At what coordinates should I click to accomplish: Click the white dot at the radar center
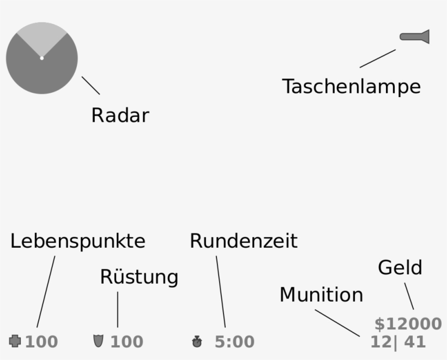[x=42, y=58]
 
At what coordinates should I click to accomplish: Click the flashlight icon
[x=415, y=37]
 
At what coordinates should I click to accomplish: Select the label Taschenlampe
[x=352, y=86]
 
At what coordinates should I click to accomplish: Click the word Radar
[x=120, y=115]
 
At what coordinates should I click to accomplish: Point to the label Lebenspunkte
[x=78, y=241]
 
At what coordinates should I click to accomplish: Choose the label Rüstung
[x=139, y=277]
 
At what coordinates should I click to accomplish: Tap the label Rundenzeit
[x=244, y=241]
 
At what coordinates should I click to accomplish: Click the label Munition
[x=321, y=295]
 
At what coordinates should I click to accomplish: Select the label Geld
[x=400, y=268]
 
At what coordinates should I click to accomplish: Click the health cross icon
[x=15, y=341]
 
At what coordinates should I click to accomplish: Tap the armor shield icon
[x=98, y=341]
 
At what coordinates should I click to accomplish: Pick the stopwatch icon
[x=197, y=341]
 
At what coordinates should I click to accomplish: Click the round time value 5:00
[x=234, y=341]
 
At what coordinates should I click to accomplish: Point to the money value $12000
[x=408, y=324]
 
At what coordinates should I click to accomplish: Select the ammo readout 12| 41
[x=398, y=342]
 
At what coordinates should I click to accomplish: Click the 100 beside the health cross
[x=41, y=341]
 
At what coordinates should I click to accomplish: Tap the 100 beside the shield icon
[x=127, y=341]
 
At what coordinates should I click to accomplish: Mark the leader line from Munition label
[x=337, y=323]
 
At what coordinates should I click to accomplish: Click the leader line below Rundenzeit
[x=221, y=291]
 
